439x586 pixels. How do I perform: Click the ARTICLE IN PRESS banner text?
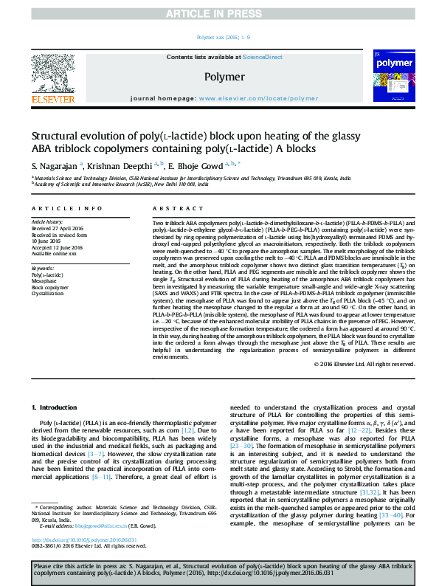pos(220,13)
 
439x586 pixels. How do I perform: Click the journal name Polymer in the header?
pos(224,77)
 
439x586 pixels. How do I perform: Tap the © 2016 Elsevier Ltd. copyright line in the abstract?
pos(364,364)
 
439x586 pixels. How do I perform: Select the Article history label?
pos(46,221)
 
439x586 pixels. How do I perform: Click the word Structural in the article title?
pos(56,137)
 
